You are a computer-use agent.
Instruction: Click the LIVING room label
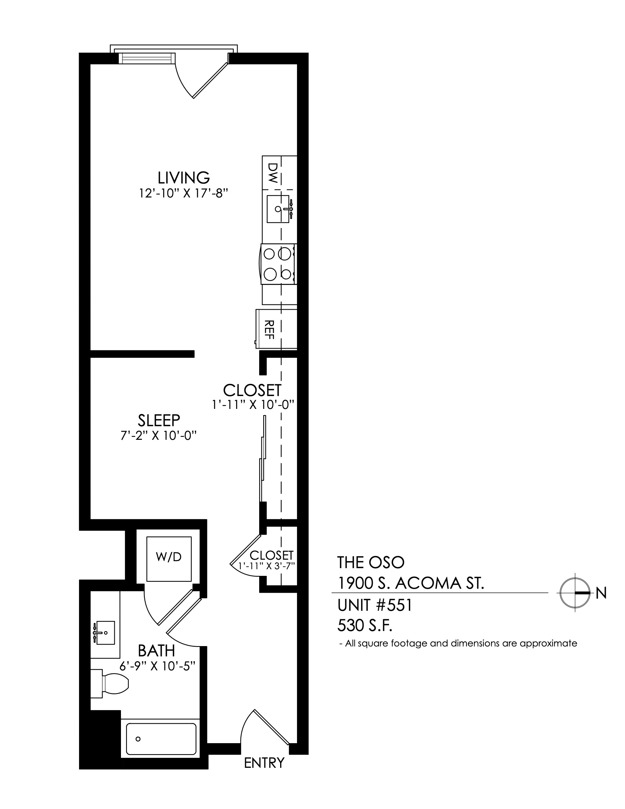pyautogui.click(x=184, y=178)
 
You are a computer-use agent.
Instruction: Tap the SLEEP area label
pyautogui.click(x=159, y=420)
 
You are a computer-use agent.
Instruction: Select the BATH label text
pyautogui.click(x=156, y=651)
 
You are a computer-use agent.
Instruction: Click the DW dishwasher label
pyautogui.click(x=272, y=173)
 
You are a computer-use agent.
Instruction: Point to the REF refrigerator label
pyautogui.click(x=269, y=330)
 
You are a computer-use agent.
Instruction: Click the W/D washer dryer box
pyautogui.click(x=169, y=559)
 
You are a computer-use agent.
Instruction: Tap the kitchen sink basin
pyautogui.click(x=278, y=209)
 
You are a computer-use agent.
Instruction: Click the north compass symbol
pyautogui.click(x=575, y=593)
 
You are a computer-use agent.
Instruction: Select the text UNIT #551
pyautogui.click(x=374, y=605)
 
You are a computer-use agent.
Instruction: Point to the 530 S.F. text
pyautogui.click(x=365, y=626)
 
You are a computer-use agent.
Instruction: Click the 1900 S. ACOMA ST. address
pyautogui.click(x=411, y=584)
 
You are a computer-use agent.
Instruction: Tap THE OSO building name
pyautogui.click(x=371, y=562)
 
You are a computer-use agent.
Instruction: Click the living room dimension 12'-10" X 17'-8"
pyautogui.click(x=183, y=193)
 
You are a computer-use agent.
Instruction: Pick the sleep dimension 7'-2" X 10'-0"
pyautogui.click(x=158, y=436)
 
